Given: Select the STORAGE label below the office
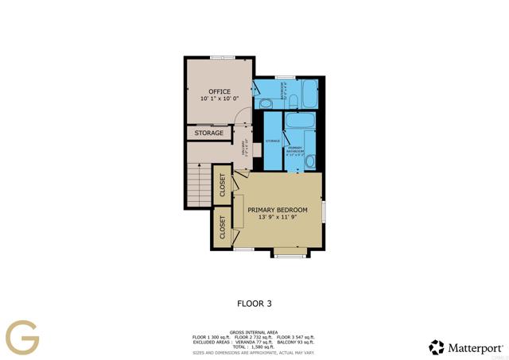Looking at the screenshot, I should [209, 133].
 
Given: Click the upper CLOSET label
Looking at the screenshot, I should [223, 186].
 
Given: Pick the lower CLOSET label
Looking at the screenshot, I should [223, 228].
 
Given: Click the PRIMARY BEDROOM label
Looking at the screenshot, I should [277, 210].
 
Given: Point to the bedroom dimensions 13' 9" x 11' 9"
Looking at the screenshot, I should [277, 218].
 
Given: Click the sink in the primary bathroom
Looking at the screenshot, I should [310, 162].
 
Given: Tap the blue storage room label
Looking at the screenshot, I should [272, 140].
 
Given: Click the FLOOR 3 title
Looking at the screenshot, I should [254, 303].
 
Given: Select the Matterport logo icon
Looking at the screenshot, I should [437, 347].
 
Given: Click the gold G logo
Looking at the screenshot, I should [22, 337].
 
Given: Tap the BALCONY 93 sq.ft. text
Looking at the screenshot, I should [297, 342].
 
